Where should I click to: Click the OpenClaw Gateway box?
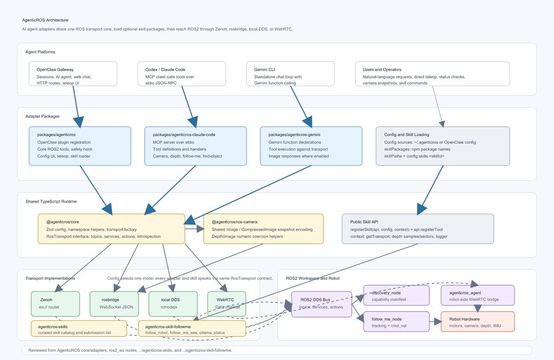73,74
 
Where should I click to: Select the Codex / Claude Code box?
182,74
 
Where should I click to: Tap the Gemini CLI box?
290,74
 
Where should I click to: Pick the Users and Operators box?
432,74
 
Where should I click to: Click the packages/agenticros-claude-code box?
196,146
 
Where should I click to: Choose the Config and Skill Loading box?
443,146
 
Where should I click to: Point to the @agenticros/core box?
112,229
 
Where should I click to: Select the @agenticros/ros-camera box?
264,229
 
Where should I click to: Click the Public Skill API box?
418,229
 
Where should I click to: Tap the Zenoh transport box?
55,304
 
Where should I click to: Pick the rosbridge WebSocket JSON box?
114,304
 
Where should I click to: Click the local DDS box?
173,304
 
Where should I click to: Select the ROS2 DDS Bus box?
321,304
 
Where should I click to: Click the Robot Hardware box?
477,321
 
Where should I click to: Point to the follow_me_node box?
397,321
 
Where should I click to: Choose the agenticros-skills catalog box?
79,329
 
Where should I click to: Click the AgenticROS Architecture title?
45,20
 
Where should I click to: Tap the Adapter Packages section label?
42,116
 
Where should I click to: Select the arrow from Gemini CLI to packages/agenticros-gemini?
301,107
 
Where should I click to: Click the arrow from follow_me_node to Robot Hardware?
435,321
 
